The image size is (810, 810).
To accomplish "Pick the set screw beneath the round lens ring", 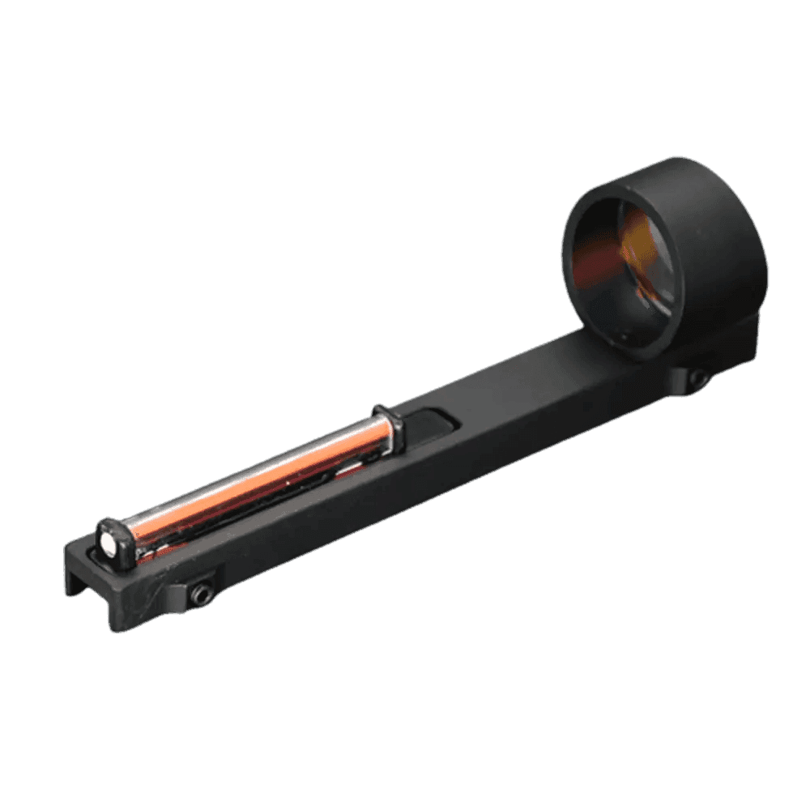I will tap(697, 378).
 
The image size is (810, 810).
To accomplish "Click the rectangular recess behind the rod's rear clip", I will tap(429, 425).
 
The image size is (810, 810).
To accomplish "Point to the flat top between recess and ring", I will tap(518, 389).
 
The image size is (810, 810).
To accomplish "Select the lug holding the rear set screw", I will tap(684, 374).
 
